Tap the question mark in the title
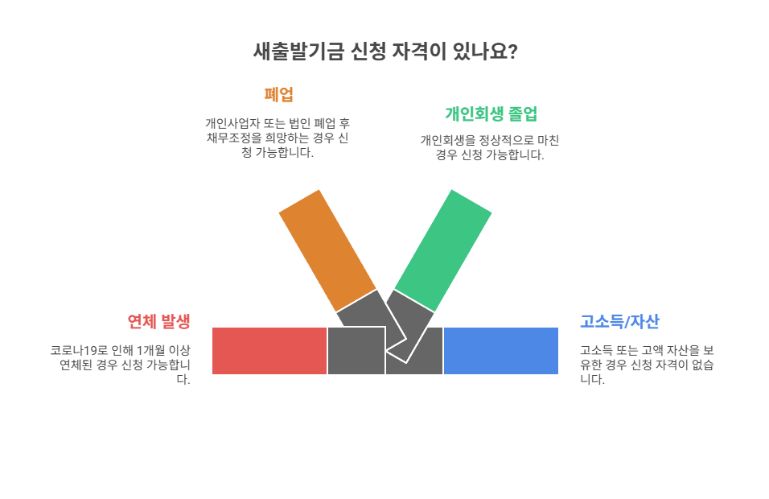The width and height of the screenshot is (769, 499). click(512, 52)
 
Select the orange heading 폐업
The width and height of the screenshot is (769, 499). click(278, 94)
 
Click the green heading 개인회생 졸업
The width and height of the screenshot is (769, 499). click(491, 113)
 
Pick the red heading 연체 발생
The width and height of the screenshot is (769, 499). click(158, 322)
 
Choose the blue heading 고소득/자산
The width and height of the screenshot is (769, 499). click(619, 322)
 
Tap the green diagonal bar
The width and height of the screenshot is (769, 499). click(443, 250)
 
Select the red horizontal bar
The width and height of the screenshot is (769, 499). click(269, 351)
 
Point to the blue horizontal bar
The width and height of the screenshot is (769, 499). click(500, 351)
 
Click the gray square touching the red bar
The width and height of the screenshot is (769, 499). click(356, 351)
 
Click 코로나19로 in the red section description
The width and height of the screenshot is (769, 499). click(76, 351)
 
